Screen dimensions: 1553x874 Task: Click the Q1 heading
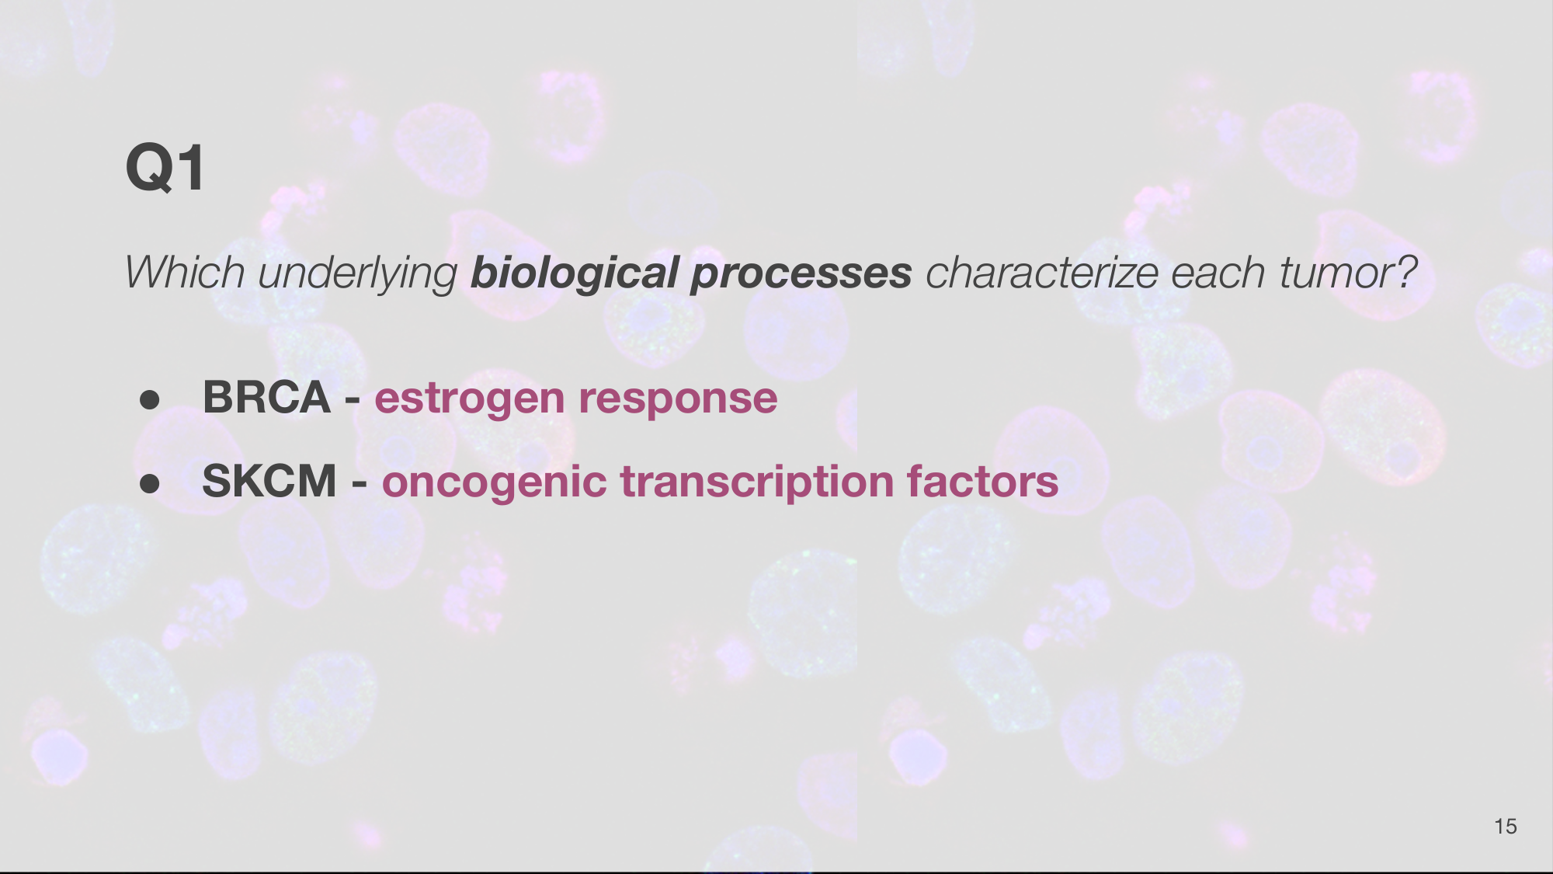[165, 167]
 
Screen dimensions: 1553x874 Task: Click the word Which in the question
[185, 273]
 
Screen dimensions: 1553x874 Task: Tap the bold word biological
[575, 274]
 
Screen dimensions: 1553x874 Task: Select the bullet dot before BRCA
[150, 399]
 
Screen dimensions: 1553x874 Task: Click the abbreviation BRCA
[267, 397]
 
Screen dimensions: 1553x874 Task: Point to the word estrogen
[470, 401]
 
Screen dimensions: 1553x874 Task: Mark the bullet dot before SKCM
[150, 483]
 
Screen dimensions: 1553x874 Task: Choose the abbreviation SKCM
[269, 481]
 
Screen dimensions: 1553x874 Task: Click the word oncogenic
[494, 484]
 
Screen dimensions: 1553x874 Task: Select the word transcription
[756, 483]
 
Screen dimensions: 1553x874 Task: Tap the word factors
[982, 482]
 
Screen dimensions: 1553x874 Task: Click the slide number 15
[1506, 827]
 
